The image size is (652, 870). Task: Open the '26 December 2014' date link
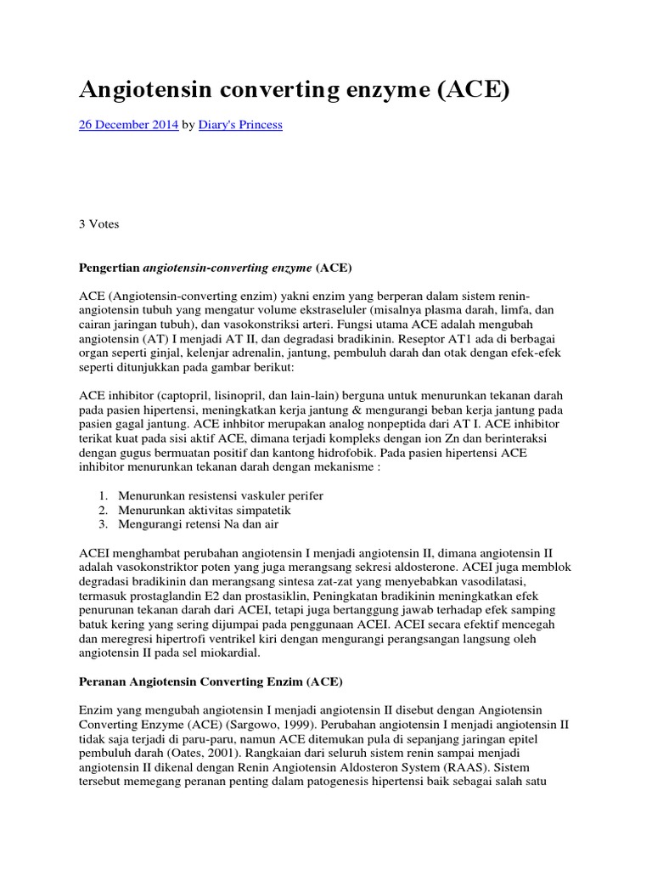click(128, 125)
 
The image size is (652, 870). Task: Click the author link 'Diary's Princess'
click(240, 125)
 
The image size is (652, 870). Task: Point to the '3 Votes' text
click(98, 225)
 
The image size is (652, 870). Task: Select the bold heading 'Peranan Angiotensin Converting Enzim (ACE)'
click(211, 681)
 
